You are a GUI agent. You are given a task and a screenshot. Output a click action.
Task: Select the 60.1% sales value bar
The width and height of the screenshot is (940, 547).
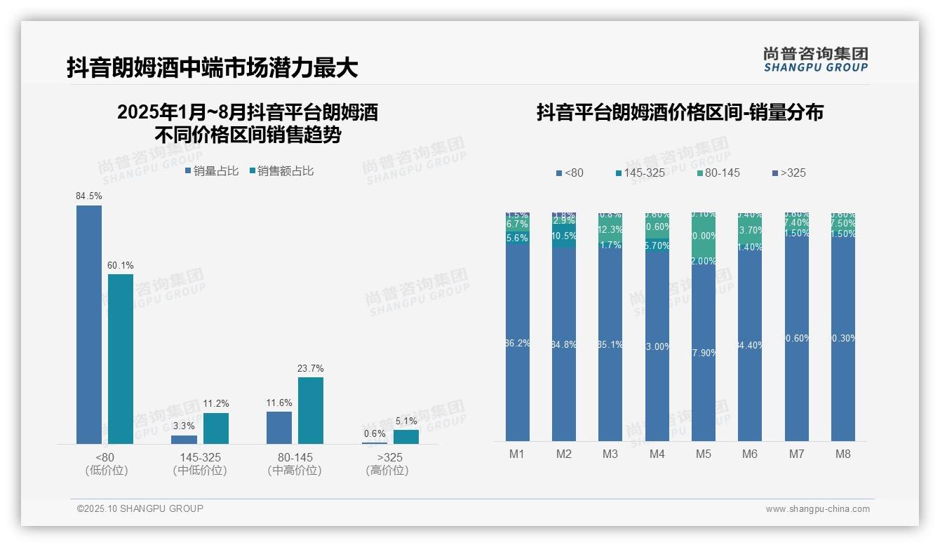(121, 358)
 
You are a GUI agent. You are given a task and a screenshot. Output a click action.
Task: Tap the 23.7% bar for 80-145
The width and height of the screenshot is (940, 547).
(311, 410)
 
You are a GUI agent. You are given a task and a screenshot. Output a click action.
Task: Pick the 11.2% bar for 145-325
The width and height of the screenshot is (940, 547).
(216, 428)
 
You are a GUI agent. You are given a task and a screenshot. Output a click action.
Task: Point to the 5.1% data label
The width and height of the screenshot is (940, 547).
(405, 421)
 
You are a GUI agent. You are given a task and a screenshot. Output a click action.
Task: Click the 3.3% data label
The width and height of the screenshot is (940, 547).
(184, 426)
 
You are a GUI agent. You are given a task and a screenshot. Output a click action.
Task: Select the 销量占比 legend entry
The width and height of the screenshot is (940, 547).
(212, 170)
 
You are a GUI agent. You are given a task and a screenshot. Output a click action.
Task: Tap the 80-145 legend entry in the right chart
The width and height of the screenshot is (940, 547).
(719, 173)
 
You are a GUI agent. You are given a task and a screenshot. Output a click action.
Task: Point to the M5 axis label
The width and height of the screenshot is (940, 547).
(704, 454)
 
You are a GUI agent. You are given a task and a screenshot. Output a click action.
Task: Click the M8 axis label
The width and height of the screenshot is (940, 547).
(843, 454)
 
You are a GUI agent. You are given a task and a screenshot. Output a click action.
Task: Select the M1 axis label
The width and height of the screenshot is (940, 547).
(517, 454)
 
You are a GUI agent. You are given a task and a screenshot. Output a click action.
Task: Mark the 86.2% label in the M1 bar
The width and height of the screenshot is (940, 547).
(518, 343)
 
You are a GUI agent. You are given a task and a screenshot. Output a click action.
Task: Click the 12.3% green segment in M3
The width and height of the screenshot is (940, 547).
(610, 229)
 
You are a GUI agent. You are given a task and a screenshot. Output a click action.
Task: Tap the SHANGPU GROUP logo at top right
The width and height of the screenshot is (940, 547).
(816, 59)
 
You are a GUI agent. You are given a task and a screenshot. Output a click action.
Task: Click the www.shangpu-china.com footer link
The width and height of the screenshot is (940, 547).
(817, 509)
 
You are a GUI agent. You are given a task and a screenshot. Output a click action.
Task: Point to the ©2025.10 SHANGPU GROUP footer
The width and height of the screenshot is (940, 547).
(140, 508)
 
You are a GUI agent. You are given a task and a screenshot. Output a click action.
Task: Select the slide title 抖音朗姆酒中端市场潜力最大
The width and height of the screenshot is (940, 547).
(213, 67)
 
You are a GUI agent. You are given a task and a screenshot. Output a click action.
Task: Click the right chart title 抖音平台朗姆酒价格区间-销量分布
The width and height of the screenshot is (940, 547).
(680, 112)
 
